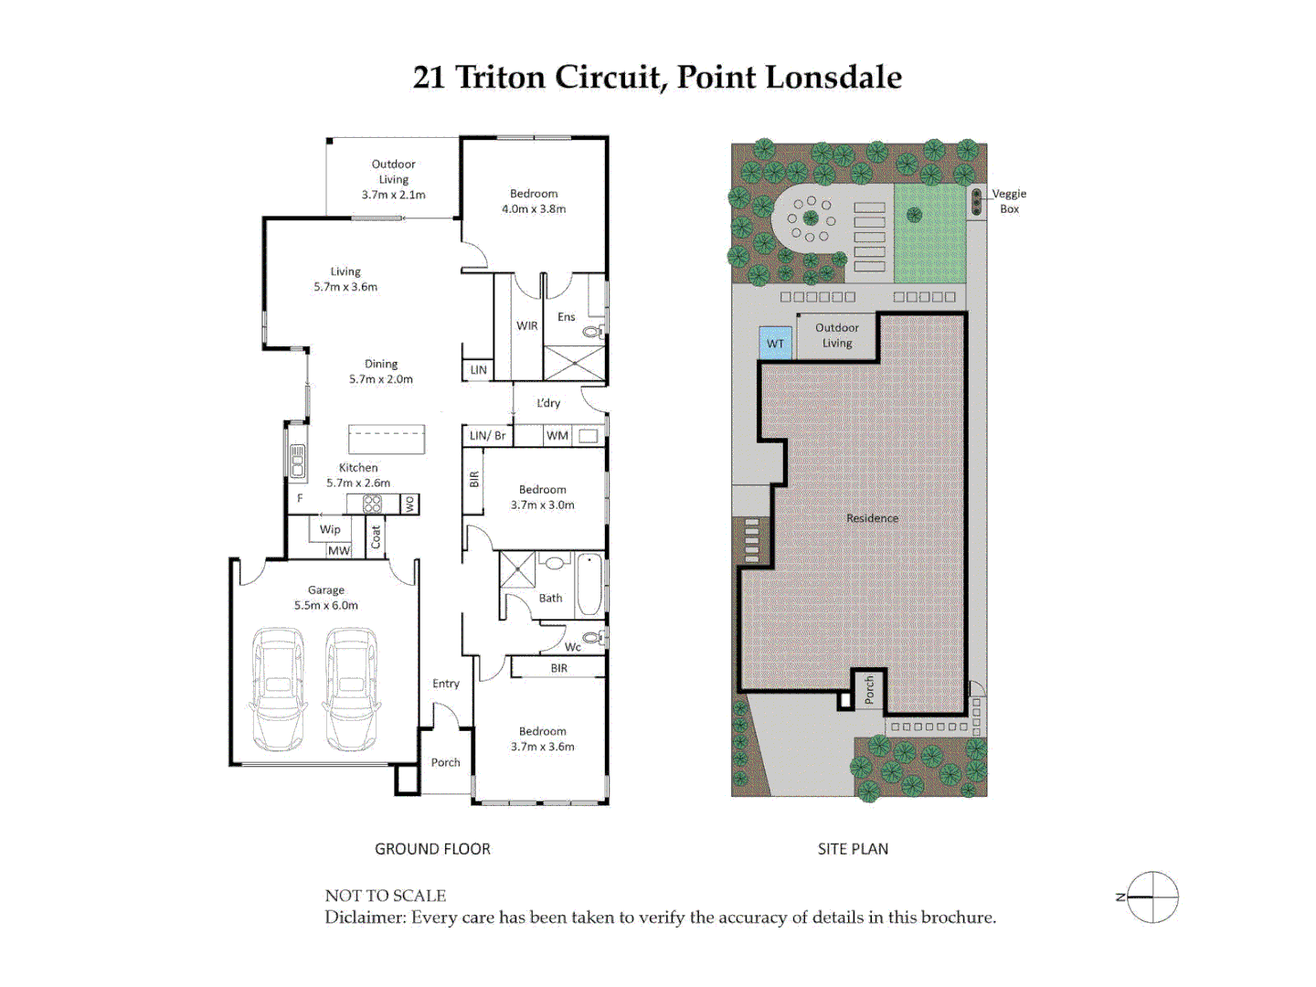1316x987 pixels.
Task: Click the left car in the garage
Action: point(279,689)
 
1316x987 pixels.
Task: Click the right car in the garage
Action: point(351,689)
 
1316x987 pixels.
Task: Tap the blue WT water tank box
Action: point(775,343)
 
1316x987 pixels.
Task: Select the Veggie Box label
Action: point(1009,201)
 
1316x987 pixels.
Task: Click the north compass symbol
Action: point(1151,897)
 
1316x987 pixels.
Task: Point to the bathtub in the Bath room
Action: point(589,585)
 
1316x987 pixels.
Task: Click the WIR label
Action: point(527,325)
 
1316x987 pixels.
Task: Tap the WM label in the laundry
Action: point(557,436)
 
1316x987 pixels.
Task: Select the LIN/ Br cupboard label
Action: point(487,436)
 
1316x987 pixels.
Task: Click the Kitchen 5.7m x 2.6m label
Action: point(358,475)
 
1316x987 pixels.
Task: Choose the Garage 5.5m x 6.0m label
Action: point(326,598)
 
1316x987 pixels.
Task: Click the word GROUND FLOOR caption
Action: point(432,849)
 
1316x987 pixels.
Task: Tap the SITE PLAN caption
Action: point(853,849)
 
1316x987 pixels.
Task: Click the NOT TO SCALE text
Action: point(386,896)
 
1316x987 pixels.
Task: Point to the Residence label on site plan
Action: point(872,518)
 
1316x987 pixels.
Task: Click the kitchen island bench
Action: point(387,440)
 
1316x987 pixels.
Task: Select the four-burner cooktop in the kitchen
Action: point(372,504)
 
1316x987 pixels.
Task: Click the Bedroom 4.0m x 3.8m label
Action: point(534,201)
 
